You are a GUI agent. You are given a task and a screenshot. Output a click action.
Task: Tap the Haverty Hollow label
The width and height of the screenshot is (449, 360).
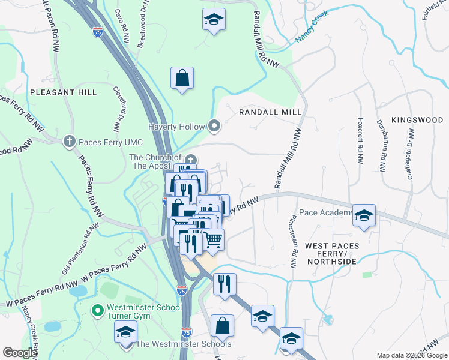point(178,126)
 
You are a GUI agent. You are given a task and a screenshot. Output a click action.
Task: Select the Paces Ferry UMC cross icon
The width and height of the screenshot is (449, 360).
point(70,141)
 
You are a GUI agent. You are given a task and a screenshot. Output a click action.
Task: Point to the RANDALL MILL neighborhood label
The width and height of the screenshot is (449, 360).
point(270,112)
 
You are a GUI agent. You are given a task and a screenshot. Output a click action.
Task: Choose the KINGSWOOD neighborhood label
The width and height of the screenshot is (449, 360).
point(417,120)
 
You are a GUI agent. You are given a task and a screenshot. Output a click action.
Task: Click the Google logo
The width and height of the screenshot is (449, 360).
point(20,353)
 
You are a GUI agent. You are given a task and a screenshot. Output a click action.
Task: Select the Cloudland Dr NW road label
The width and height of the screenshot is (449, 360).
point(117,108)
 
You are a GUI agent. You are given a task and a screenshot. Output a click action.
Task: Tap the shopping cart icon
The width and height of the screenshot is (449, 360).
point(213,239)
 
